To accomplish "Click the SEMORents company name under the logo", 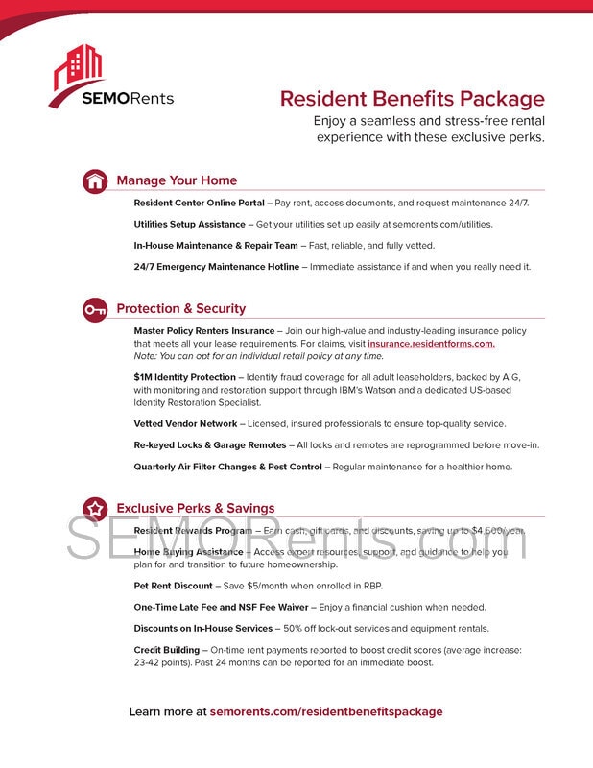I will click(x=128, y=98).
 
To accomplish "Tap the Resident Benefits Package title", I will click(x=412, y=99).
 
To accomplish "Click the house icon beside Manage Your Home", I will click(x=95, y=180).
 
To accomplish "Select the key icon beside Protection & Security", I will click(x=95, y=309).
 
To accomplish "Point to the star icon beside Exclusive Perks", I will click(x=95, y=508).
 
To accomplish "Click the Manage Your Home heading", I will click(x=177, y=180).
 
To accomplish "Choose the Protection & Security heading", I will click(x=180, y=309).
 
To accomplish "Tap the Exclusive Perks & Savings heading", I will click(x=195, y=508).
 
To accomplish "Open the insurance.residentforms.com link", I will click(x=431, y=344).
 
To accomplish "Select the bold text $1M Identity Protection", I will click(x=184, y=378).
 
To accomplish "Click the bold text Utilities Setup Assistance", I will click(x=189, y=224).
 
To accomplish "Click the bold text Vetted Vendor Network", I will click(x=185, y=423).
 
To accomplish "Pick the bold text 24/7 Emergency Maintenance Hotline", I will click(x=217, y=267).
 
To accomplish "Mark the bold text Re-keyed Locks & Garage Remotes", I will click(x=210, y=444).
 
